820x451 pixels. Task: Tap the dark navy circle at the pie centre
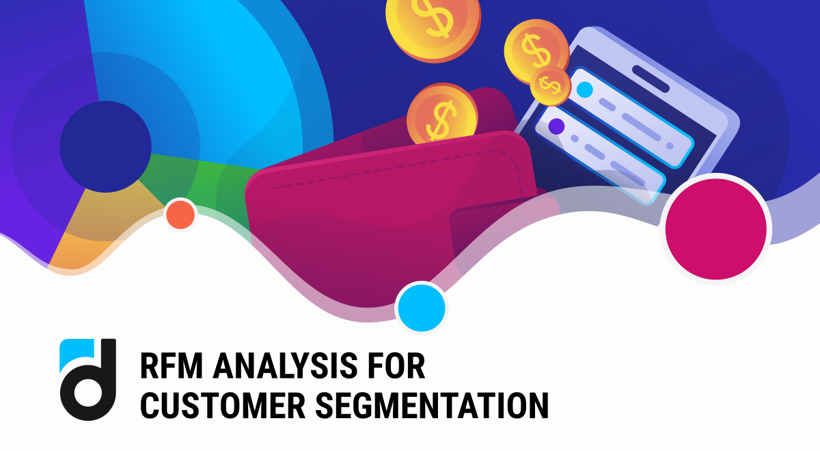coord(105,146)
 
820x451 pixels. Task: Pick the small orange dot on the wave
coord(180,215)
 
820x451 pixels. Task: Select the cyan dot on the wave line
coord(421,307)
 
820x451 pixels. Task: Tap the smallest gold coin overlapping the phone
coord(550,85)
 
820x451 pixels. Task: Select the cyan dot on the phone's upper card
coord(584,90)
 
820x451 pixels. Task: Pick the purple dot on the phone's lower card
coord(556,126)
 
